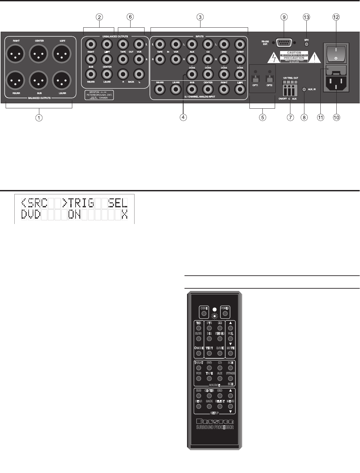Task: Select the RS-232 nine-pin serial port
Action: point(284,43)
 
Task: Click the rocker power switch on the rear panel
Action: point(336,53)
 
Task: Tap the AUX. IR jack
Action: point(304,90)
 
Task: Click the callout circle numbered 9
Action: point(284,17)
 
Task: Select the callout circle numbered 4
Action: point(183,117)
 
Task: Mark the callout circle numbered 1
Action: point(39,117)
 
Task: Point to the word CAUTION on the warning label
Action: point(294,53)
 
